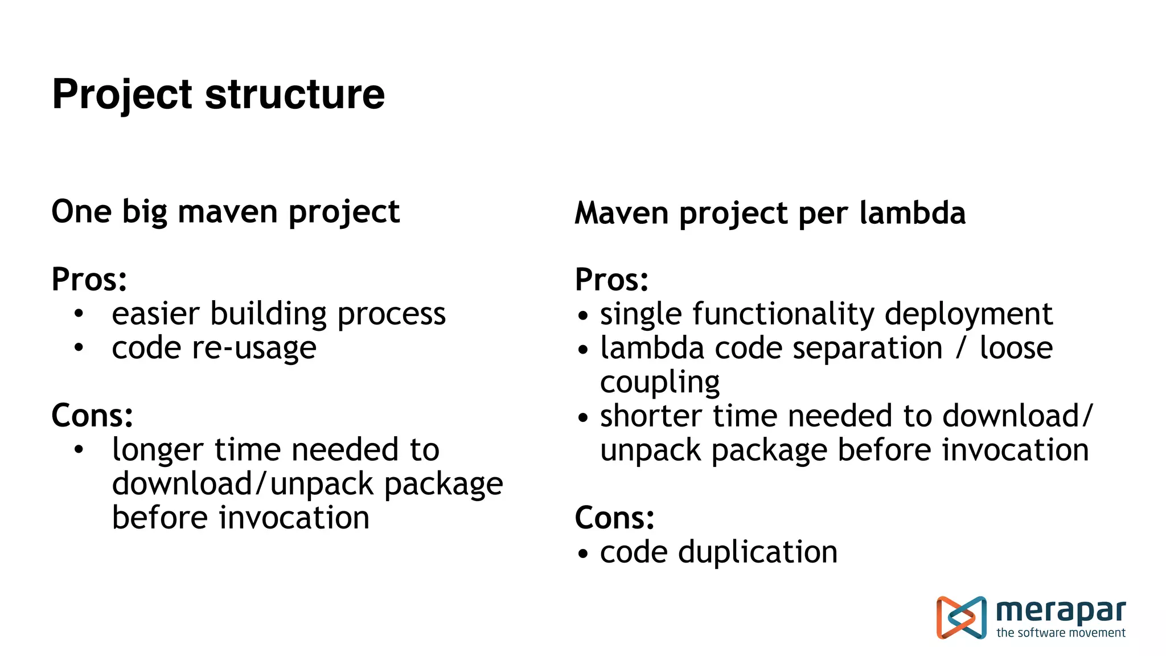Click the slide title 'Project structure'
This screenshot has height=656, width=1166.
click(218, 95)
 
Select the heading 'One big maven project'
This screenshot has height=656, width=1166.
click(225, 212)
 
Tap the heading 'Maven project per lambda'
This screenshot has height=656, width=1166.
click(770, 214)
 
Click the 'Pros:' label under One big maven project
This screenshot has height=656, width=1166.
click(89, 280)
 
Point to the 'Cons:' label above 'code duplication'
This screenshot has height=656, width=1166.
click(614, 518)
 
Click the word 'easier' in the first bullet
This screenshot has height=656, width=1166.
click(155, 314)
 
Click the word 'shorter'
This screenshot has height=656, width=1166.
click(651, 416)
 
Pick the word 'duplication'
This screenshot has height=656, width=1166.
click(758, 552)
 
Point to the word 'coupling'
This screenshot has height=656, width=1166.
click(660, 383)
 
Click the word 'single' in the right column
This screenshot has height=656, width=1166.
click(641, 314)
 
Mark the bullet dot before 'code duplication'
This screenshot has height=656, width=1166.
click(582, 553)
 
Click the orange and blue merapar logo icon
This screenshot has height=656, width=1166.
click(961, 617)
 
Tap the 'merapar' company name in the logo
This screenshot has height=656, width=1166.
click(1061, 611)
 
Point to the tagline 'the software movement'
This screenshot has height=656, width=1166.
click(1061, 633)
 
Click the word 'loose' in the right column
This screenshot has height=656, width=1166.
click(1016, 348)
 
